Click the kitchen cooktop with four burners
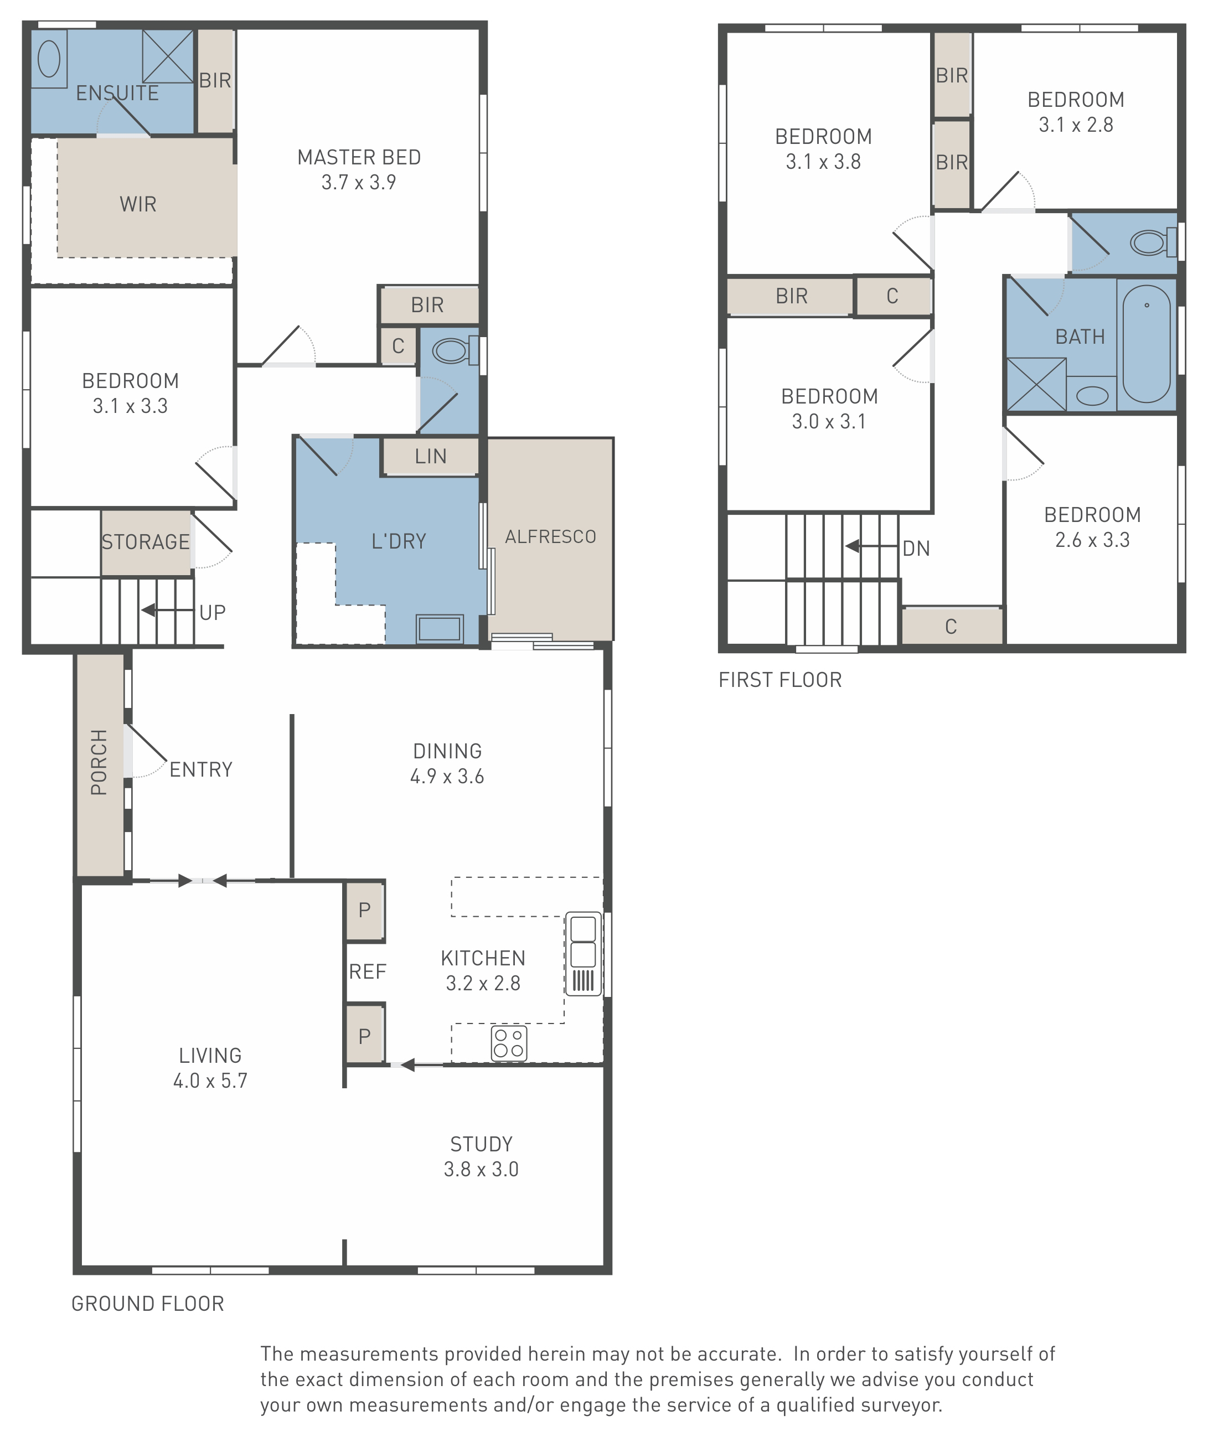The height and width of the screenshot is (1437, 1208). pyautogui.click(x=509, y=1043)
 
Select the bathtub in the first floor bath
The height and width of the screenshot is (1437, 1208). pyautogui.click(x=1147, y=344)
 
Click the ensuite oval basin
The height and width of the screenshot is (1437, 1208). pyautogui.click(x=49, y=58)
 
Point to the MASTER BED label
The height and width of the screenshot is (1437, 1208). pyautogui.click(x=359, y=157)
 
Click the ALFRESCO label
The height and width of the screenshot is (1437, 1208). pyautogui.click(x=551, y=537)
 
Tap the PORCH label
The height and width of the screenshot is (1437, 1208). pyautogui.click(x=99, y=762)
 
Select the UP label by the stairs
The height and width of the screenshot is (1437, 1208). pyautogui.click(x=212, y=612)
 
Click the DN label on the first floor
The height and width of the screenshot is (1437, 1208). pyautogui.click(x=916, y=549)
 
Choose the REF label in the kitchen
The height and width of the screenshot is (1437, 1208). pyautogui.click(x=368, y=971)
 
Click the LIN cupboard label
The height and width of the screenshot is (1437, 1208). pyautogui.click(x=430, y=456)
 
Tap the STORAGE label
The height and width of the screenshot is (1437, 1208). pyautogui.click(x=145, y=542)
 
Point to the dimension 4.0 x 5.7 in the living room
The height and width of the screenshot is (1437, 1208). pyautogui.click(x=210, y=1081)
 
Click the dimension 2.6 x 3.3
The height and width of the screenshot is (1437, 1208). pyautogui.click(x=1092, y=540)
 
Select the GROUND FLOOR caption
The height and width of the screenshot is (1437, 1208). pyautogui.click(x=148, y=1304)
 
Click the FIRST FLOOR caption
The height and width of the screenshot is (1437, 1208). pyautogui.click(x=780, y=680)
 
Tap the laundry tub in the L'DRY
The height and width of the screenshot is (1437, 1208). pyautogui.click(x=440, y=628)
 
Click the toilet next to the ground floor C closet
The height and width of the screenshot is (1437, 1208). pyautogui.click(x=455, y=351)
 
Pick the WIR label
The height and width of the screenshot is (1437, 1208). pyautogui.click(x=138, y=204)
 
